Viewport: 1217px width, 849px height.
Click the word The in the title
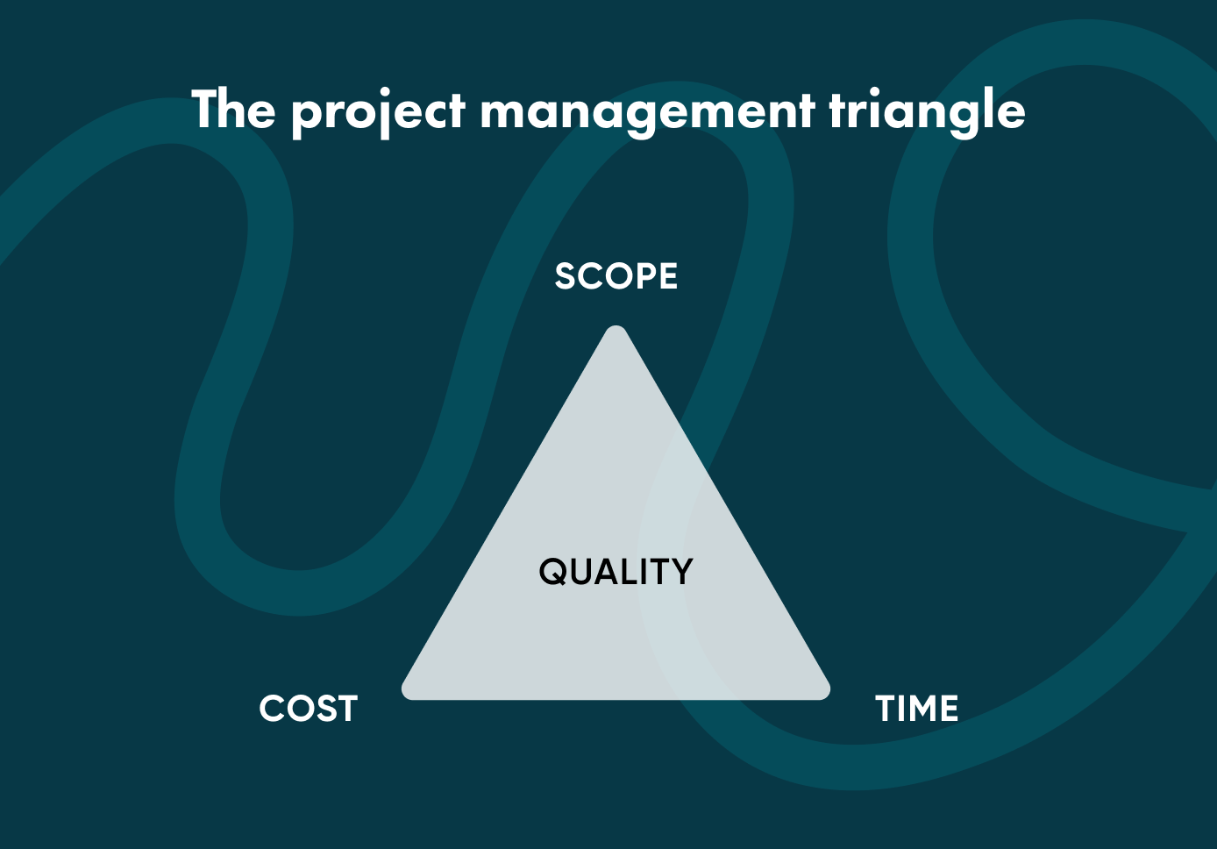[233, 110]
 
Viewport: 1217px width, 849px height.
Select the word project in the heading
[378, 112]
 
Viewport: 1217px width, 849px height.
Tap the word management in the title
[647, 112]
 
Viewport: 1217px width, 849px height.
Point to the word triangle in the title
[926, 112]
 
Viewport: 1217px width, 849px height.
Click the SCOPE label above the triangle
[616, 277]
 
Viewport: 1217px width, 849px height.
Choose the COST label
[309, 709]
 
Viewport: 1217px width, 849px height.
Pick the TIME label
[917, 709]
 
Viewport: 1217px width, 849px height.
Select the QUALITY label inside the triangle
[616, 572]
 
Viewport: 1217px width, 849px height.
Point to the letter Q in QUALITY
[554, 572]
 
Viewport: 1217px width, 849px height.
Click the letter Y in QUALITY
[680, 572]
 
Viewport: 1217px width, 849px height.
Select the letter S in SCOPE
[566, 277]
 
